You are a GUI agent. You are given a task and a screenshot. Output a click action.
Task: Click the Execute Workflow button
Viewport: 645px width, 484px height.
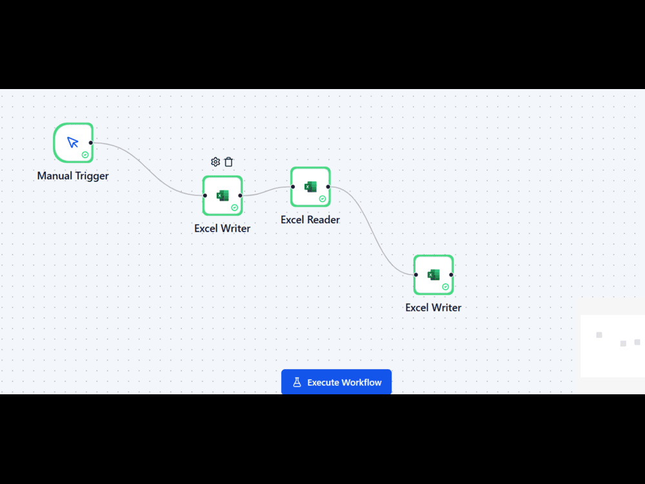pyautogui.click(x=336, y=382)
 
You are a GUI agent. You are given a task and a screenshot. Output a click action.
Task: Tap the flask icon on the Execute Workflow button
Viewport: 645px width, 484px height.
pyautogui.click(x=297, y=382)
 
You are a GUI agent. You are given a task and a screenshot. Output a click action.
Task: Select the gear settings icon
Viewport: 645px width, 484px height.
pyautogui.click(x=215, y=162)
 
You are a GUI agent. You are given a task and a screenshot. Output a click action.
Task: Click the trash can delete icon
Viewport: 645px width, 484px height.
pyautogui.click(x=229, y=162)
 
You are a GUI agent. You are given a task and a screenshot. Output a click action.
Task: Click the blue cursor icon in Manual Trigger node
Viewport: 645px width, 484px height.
pyautogui.click(x=73, y=143)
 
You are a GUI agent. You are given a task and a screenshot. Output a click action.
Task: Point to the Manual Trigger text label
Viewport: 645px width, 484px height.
pyautogui.click(x=73, y=176)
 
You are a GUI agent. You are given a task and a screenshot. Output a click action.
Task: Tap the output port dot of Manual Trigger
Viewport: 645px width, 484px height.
pyautogui.click(x=91, y=143)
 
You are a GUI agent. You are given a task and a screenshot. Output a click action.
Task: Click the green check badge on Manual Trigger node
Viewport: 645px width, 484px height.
pyautogui.click(x=85, y=155)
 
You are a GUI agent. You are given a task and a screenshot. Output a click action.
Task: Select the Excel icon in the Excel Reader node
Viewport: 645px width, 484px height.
pyautogui.click(x=310, y=187)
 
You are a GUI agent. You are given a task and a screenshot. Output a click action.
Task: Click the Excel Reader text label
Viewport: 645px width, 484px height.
pyautogui.click(x=310, y=220)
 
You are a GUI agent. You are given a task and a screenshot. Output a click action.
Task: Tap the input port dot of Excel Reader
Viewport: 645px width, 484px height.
pyautogui.click(x=293, y=187)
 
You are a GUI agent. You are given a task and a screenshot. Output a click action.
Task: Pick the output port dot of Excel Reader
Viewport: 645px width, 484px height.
pyautogui.click(x=328, y=187)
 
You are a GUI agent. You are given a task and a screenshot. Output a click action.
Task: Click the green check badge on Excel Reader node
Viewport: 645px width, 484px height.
pyautogui.click(x=322, y=199)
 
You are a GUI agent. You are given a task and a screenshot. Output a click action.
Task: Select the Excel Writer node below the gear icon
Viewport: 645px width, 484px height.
pyautogui.click(x=223, y=196)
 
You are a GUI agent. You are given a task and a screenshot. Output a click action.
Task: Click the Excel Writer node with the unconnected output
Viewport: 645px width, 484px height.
pyautogui.click(x=433, y=274)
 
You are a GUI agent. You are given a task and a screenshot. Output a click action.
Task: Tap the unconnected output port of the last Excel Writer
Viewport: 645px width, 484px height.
pyautogui.click(x=451, y=274)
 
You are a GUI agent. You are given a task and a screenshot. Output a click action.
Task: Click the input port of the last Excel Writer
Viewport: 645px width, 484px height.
pyautogui.click(x=416, y=274)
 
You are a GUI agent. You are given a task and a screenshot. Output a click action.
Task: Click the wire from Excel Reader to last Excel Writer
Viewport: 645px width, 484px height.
pyautogui.click(x=372, y=231)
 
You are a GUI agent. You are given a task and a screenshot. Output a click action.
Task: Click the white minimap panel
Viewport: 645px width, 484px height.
pyautogui.click(x=613, y=346)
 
